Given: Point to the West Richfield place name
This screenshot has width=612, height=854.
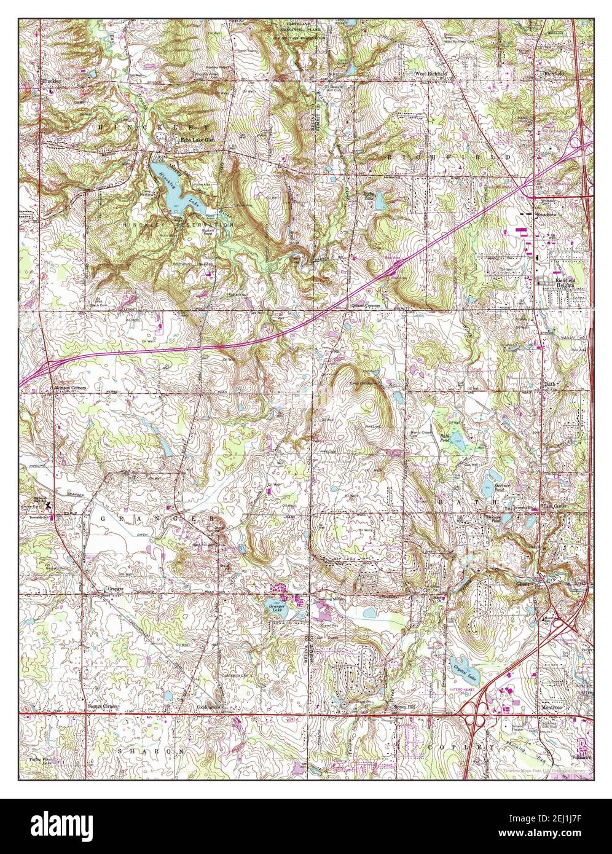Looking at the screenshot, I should tap(430, 73).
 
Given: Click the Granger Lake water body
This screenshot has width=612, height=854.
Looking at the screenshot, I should tap(277, 608).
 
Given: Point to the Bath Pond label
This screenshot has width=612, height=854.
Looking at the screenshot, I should tap(445, 437).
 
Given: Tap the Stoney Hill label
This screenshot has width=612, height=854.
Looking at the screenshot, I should tap(404, 707).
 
